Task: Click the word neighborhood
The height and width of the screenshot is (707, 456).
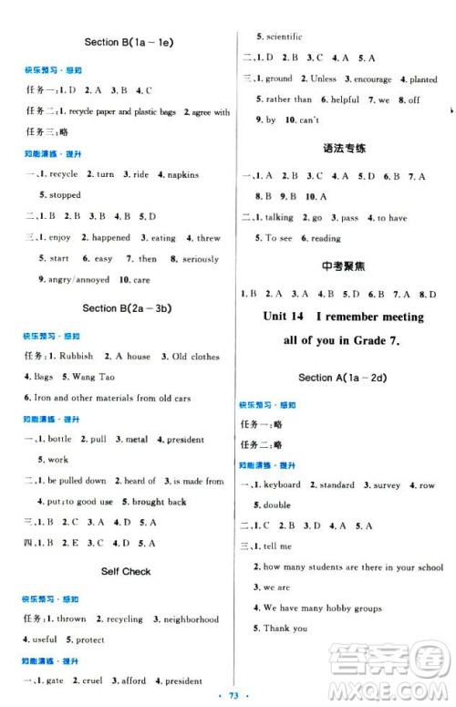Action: point(192,619)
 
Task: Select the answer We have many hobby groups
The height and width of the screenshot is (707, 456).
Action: point(323,608)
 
